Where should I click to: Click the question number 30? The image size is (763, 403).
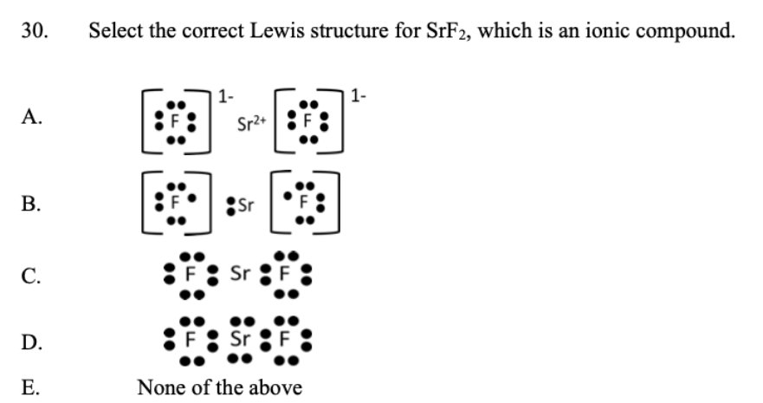click(x=38, y=33)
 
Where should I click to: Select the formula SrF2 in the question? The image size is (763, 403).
click(x=448, y=33)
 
